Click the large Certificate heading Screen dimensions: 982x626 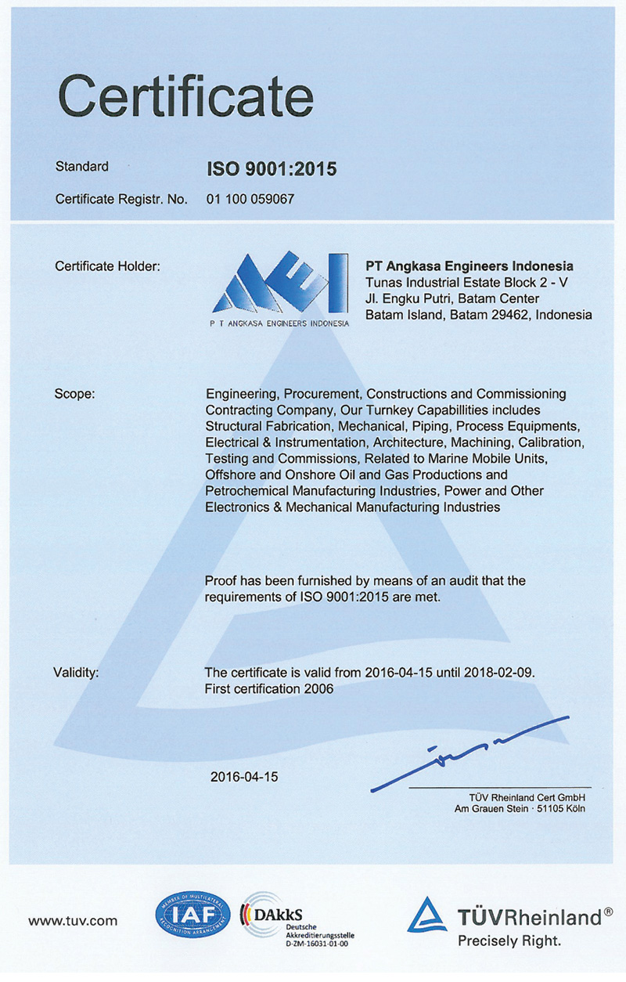[185, 97]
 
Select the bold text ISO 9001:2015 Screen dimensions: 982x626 [271, 168]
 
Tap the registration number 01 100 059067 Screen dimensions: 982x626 [250, 199]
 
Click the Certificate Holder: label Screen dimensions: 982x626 [107, 266]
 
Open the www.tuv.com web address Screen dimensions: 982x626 [73, 921]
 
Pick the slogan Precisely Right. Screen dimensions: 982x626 [509, 940]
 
